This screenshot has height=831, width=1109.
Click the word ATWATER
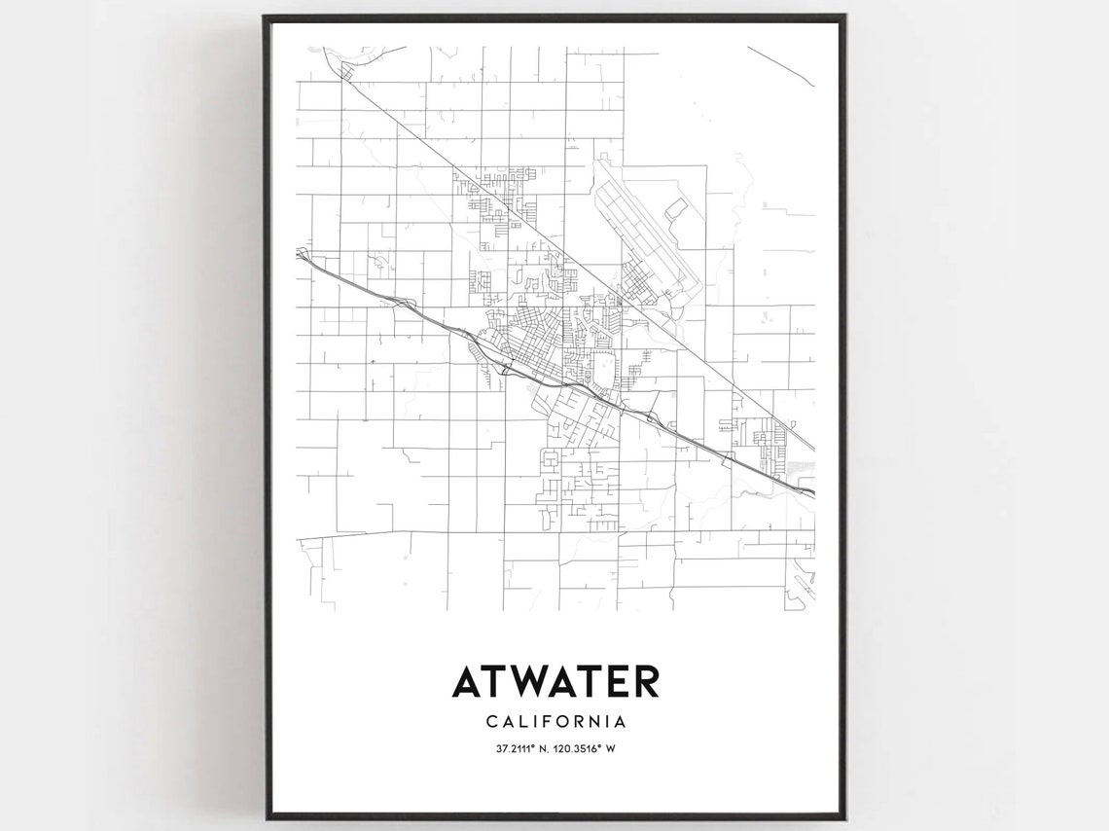tap(554, 681)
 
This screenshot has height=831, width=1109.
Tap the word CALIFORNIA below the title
tap(554, 722)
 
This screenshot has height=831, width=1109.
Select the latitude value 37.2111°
tap(513, 748)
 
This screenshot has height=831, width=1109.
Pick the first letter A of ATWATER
tap(466, 681)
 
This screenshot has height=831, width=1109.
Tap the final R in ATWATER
tap(645, 681)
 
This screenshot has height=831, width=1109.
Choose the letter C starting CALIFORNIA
tap(488, 722)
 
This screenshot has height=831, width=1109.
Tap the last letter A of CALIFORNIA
tap(619, 722)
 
